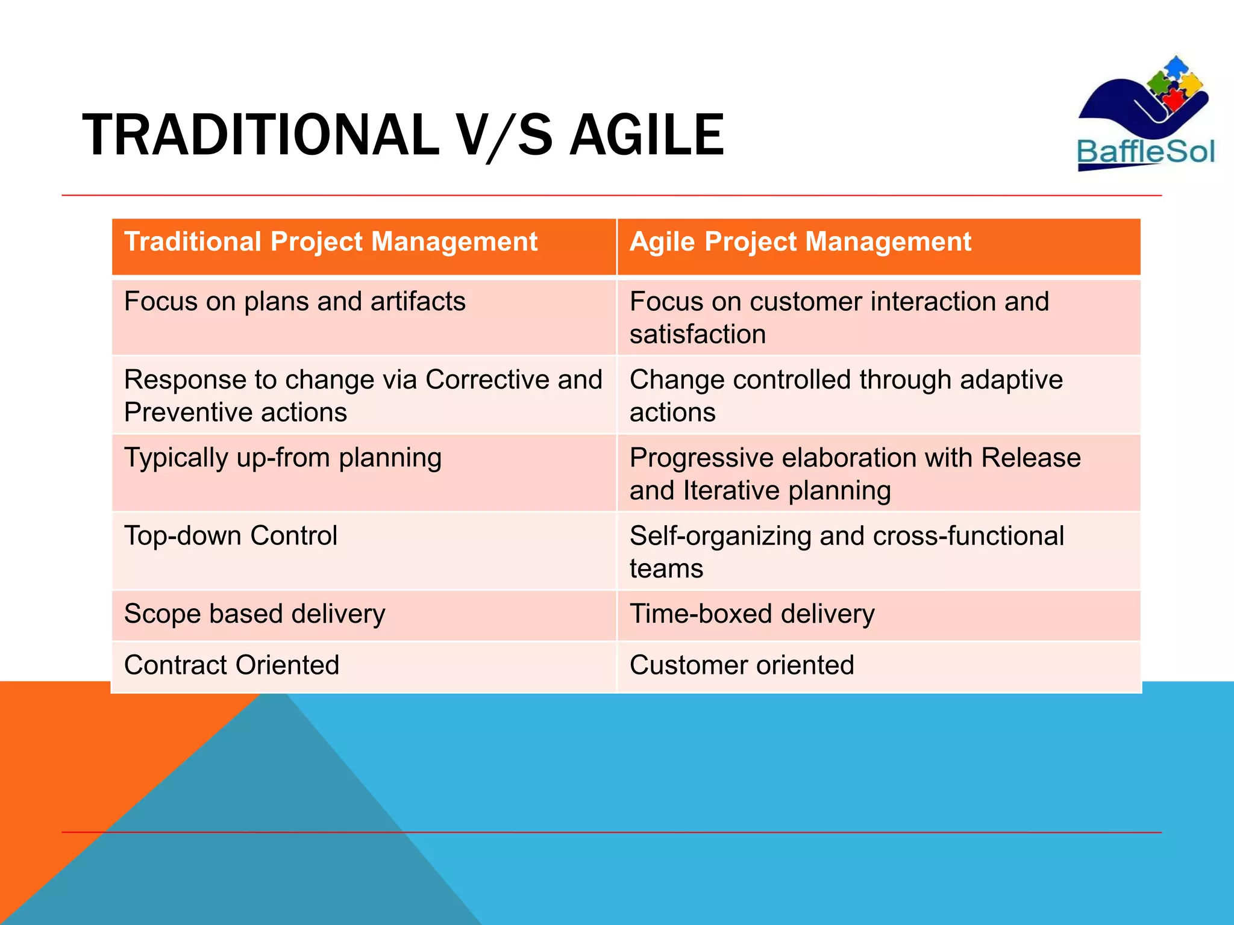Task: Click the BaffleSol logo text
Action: coord(1145,151)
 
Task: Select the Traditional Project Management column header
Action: coord(330,242)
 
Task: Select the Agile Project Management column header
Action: coord(800,242)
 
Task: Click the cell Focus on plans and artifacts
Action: coord(295,301)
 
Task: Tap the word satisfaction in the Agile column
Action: coord(698,334)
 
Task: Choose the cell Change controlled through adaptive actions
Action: coord(845,396)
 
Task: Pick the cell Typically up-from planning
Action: coord(283,458)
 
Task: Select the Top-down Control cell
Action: coord(230,536)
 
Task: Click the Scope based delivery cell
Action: coord(254,614)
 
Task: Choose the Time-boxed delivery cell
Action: coord(751,614)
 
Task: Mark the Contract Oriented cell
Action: coord(231,665)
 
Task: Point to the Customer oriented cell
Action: coord(742,665)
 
